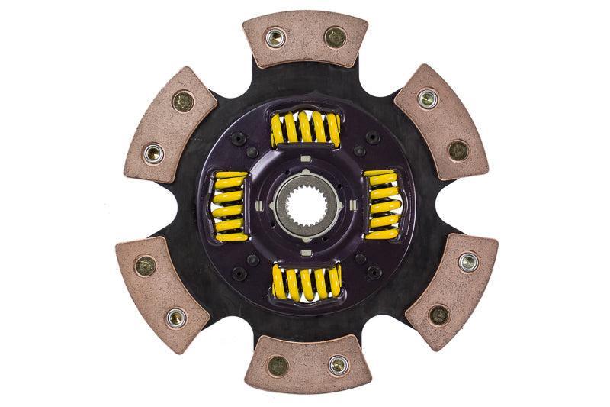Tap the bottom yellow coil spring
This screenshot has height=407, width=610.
(306, 282)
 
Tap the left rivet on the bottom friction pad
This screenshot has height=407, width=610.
(278, 365)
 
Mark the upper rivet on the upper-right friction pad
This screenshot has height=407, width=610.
(429, 98)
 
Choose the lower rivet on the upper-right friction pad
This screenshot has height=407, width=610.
(458, 149)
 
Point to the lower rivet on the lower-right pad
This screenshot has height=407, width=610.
(438, 314)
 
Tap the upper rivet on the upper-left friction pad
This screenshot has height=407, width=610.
(183, 101)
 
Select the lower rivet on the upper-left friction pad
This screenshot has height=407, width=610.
(153, 153)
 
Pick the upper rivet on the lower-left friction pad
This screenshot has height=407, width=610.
(145, 265)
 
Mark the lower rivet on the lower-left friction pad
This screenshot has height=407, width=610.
(176, 316)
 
